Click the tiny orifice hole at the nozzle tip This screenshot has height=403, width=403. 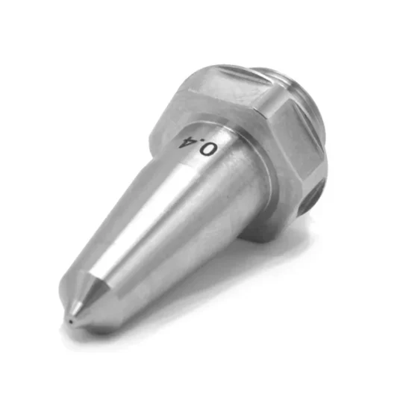[x=70, y=321]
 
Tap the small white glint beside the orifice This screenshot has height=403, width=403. [x=77, y=307]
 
